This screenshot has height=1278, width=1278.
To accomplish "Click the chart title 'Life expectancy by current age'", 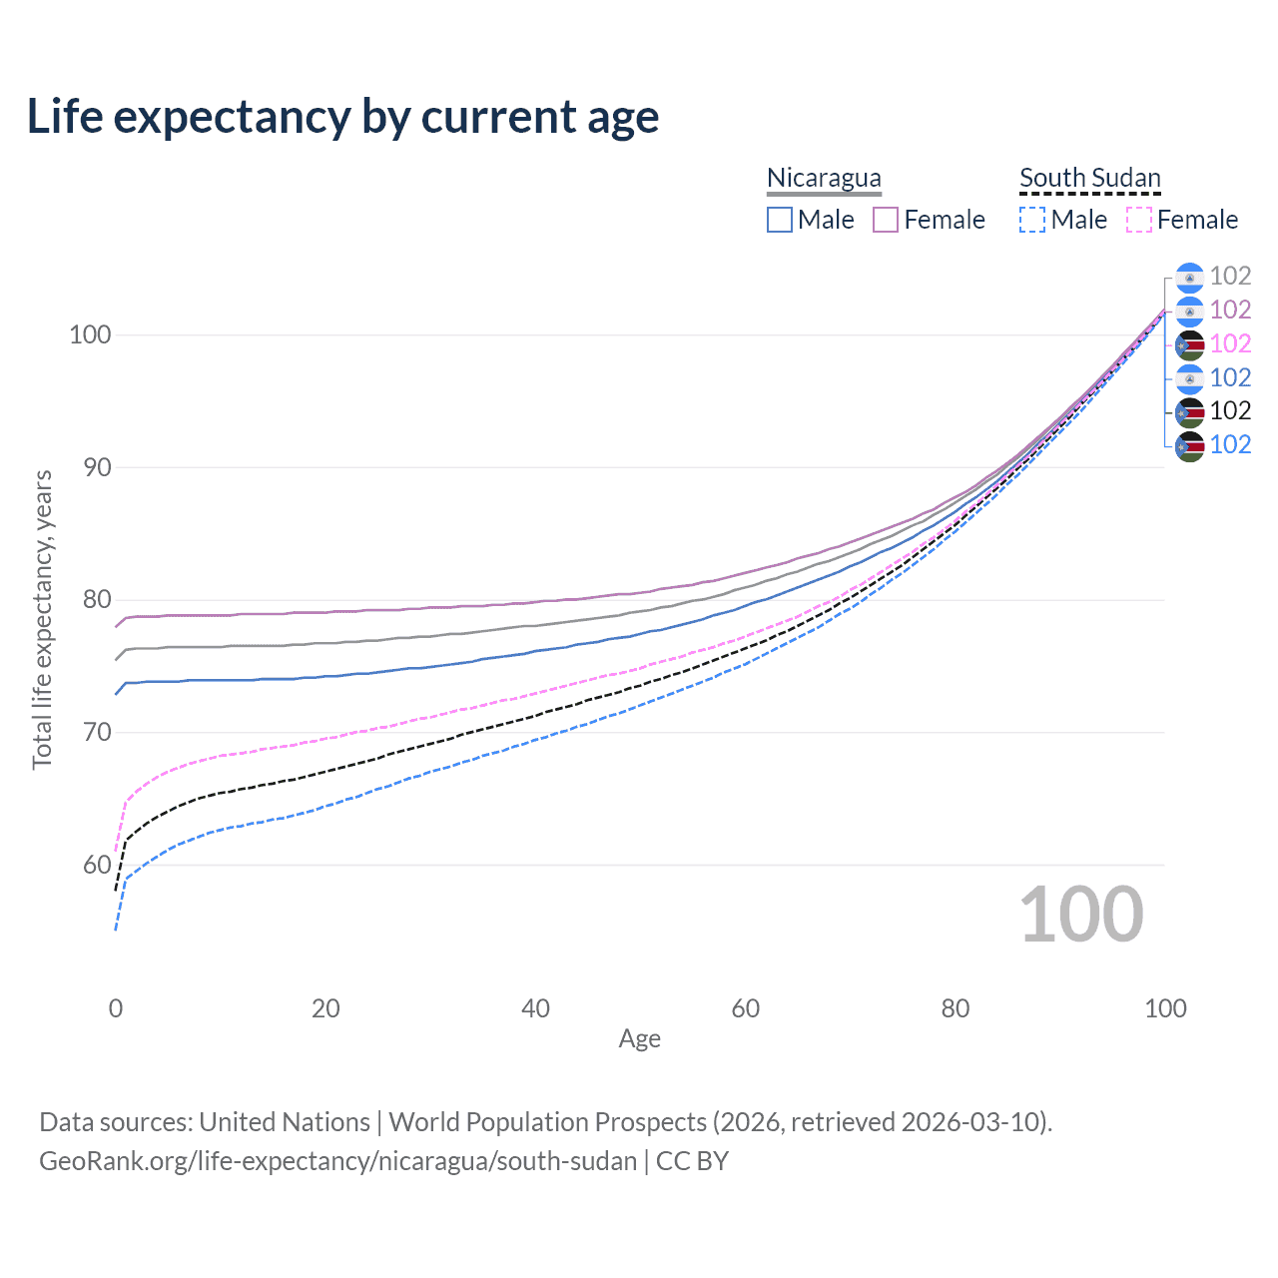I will pyautogui.click(x=342, y=117).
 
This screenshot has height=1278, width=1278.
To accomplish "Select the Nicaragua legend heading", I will pyautogui.click(x=824, y=178).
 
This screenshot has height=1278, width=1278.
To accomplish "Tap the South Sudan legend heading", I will pyautogui.click(x=1089, y=178).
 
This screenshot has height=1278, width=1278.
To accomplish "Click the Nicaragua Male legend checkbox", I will pyautogui.click(x=780, y=220).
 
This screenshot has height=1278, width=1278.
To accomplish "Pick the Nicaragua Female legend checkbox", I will pyautogui.click(x=886, y=220).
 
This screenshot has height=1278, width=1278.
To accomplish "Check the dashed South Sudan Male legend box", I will pyautogui.click(x=1032, y=220).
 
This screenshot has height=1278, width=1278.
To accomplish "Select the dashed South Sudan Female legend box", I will pyautogui.click(x=1139, y=220).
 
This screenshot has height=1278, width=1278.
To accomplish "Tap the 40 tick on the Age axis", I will pyautogui.click(x=535, y=1008).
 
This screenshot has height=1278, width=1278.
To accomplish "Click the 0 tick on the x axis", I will pyautogui.click(x=116, y=1008).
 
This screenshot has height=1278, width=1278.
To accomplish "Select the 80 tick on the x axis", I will pyautogui.click(x=956, y=1008).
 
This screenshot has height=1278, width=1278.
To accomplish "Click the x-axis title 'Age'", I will pyautogui.click(x=639, y=1039).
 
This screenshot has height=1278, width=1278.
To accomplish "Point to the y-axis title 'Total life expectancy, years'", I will pyautogui.click(x=42, y=619).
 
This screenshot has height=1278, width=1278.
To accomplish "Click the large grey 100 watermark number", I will pyautogui.click(x=1081, y=915).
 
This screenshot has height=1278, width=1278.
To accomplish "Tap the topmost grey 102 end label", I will pyautogui.click(x=1230, y=276).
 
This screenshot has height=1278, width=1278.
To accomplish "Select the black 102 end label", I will pyautogui.click(x=1230, y=410).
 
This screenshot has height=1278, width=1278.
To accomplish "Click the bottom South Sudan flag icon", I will pyautogui.click(x=1189, y=445).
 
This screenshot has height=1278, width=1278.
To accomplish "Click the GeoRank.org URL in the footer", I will pyautogui.click(x=337, y=1161).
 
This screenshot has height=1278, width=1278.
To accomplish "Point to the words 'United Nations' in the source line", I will pyautogui.click(x=285, y=1122).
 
